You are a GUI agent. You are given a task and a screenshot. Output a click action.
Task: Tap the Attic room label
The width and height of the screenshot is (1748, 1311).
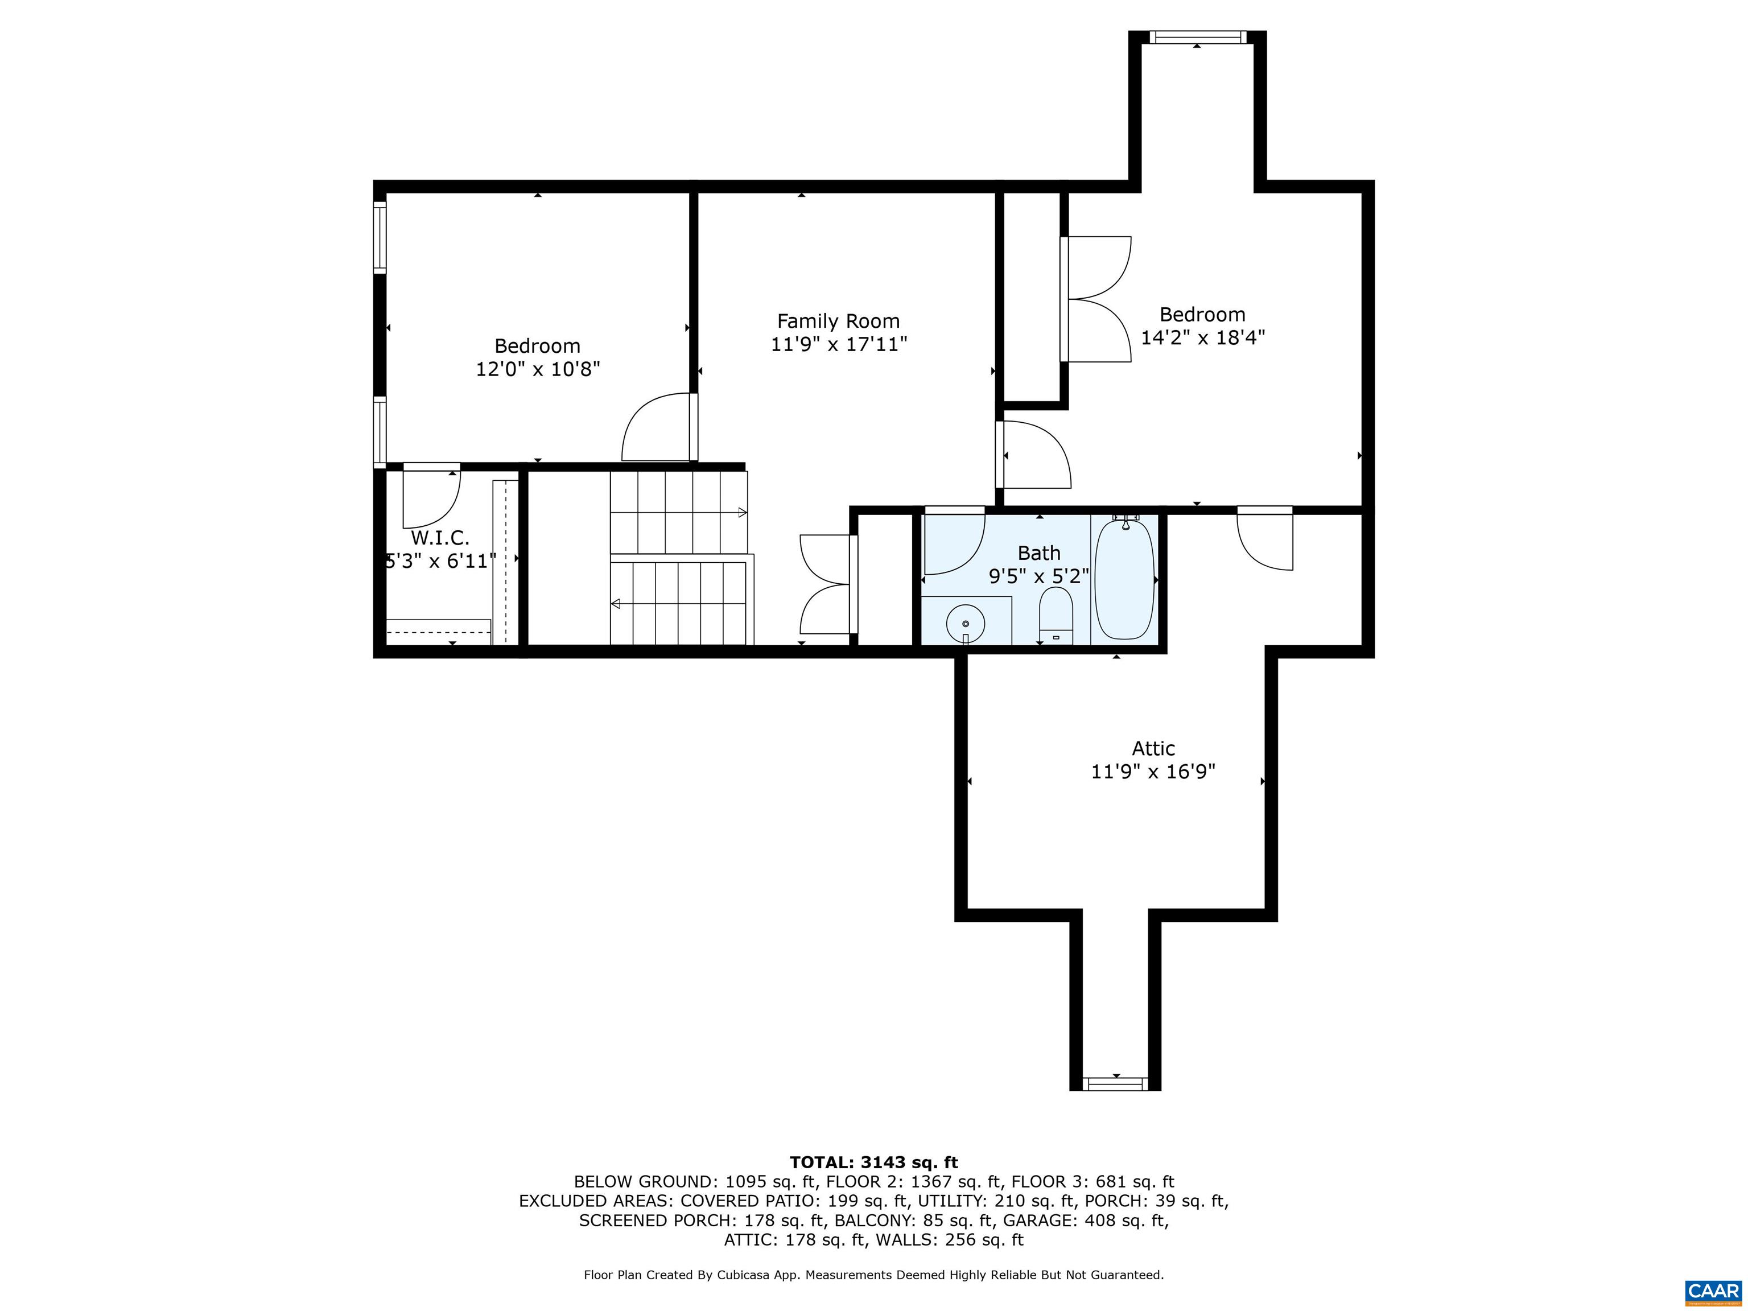[x=1153, y=748]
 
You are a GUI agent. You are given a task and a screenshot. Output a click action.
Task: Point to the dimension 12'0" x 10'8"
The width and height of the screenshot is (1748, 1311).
[x=537, y=369]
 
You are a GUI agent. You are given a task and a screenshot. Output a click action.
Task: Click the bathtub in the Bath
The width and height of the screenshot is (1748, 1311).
[x=1124, y=579]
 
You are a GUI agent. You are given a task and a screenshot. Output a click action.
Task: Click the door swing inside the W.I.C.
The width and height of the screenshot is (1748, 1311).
[x=431, y=500]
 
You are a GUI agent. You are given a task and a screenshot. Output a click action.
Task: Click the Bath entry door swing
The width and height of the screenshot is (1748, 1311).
[x=954, y=543]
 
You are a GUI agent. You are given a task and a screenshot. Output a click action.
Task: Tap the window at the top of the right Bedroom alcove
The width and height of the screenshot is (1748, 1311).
[x=1197, y=36]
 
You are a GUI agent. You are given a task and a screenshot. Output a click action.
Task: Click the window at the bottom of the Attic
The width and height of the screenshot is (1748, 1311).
[x=1115, y=1083]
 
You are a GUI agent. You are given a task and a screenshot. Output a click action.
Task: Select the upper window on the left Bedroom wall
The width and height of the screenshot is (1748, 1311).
[x=380, y=237]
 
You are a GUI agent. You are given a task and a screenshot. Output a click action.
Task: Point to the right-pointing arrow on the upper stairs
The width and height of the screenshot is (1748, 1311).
[x=741, y=512]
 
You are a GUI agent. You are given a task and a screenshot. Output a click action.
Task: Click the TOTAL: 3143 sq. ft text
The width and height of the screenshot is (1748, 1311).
[x=873, y=1162]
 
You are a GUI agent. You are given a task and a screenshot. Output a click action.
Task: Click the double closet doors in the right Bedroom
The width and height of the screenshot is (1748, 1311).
[x=1097, y=299]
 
